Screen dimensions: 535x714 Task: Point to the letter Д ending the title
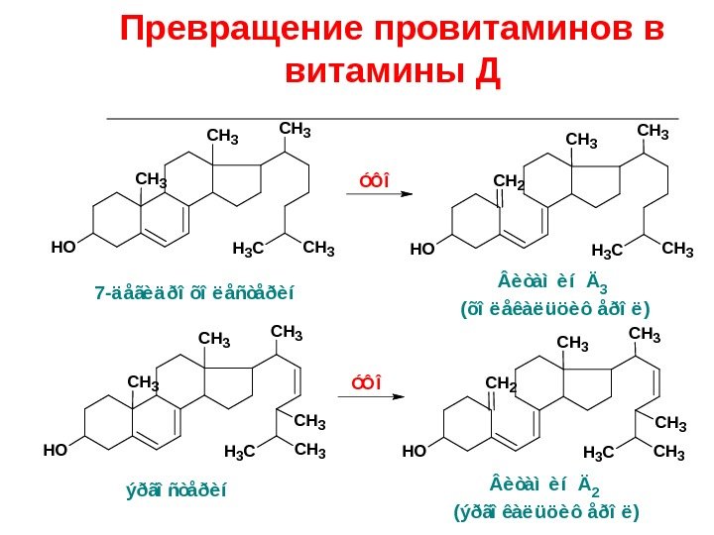coord(487,71)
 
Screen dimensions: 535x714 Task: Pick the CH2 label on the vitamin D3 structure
coord(509,181)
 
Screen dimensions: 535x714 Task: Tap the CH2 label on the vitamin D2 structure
coord(501,381)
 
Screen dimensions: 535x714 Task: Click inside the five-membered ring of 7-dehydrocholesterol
coord(236,180)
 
